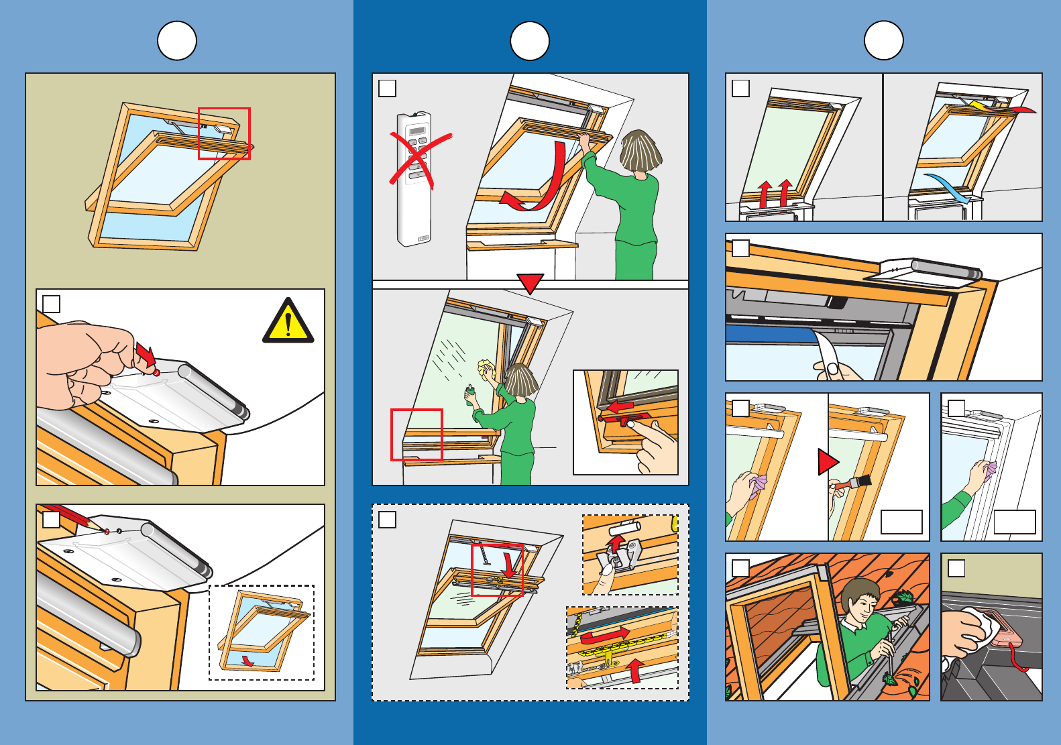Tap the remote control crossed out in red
click(x=414, y=178)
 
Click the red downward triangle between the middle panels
click(x=530, y=283)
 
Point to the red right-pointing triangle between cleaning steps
click(x=827, y=462)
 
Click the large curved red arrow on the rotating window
click(x=543, y=181)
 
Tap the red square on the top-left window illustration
click(x=224, y=133)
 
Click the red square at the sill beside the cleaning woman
click(x=416, y=435)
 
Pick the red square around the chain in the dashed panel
click(x=497, y=569)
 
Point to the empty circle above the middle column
click(x=530, y=41)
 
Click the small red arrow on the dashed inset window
click(x=247, y=661)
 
